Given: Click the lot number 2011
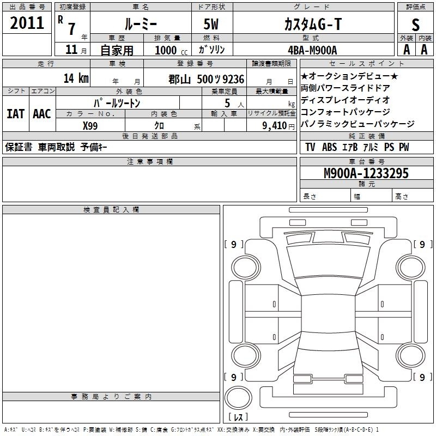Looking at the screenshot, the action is point(27,23).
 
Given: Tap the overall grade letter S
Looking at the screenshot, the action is point(415,25).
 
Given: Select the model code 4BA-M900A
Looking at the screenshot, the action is point(312,50).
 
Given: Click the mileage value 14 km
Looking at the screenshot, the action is point(76,78).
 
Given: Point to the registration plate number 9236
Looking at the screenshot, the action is point(233,79).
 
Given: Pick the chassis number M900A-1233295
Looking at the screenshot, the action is point(366,173).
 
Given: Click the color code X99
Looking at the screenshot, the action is point(90,126).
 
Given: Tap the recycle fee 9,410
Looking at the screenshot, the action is point(274,126).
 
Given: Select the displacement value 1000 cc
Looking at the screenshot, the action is point(171,50).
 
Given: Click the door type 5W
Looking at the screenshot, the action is point(211,24).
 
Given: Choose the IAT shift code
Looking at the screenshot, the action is point(16,114).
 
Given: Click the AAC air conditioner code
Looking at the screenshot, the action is point(42,114).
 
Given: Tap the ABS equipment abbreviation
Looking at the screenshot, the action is point(329,147).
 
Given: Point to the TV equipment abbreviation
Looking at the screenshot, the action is point(310,147).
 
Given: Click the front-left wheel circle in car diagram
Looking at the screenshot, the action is point(246,268).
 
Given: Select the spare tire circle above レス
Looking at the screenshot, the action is point(238,398).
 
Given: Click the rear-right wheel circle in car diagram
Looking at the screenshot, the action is point(410,355).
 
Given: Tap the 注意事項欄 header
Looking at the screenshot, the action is point(150,161).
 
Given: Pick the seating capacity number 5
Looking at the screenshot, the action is point(227,103).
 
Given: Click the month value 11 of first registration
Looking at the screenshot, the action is point(71,50).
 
